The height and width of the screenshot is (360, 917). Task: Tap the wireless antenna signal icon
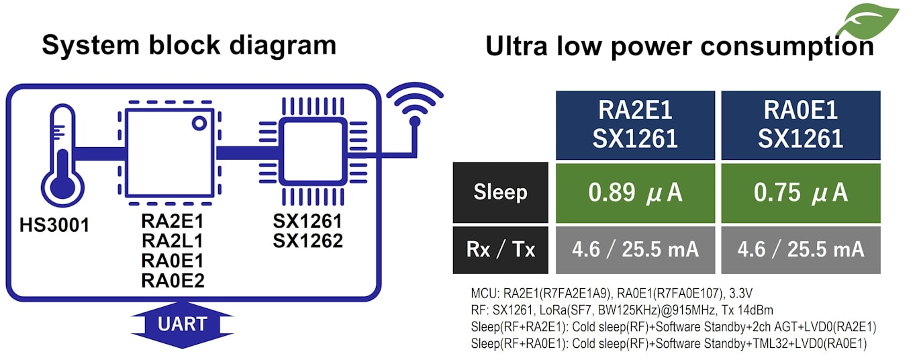[x=415, y=108]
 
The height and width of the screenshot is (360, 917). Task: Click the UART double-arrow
[x=182, y=324]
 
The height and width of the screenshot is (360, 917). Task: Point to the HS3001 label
[x=54, y=225]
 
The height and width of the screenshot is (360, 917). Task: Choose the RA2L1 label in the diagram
[x=173, y=240]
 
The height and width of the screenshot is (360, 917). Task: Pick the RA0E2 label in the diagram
[x=173, y=280]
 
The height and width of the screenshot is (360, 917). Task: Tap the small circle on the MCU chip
[x=199, y=123]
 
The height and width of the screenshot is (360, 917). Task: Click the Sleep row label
[x=501, y=193]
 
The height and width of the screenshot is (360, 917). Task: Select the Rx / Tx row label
[x=501, y=250]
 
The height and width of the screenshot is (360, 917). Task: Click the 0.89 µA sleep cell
[x=635, y=193]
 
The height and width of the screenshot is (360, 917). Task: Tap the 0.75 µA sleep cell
[x=800, y=193]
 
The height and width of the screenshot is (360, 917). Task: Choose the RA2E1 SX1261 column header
[x=635, y=125]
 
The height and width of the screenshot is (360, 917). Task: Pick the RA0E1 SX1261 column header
[x=800, y=125]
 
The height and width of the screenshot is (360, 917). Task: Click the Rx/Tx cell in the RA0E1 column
[x=800, y=250]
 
